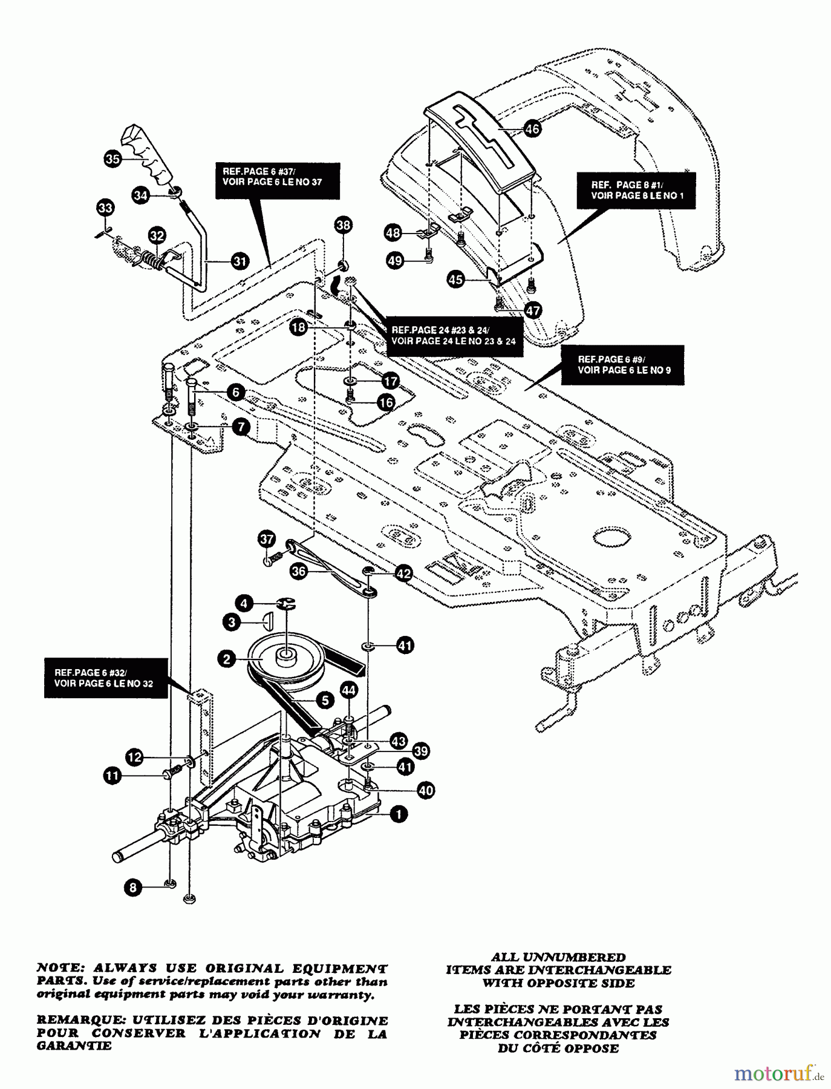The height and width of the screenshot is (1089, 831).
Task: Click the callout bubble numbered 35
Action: pyautogui.click(x=112, y=159)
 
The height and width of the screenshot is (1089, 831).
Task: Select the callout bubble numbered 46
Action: pyautogui.click(x=532, y=129)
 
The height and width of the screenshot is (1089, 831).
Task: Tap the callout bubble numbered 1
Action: pyautogui.click(x=399, y=815)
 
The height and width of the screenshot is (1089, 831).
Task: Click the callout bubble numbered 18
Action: pyautogui.click(x=298, y=328)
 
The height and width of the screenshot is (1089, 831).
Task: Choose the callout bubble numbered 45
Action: pyautogui.click(x=456, y=280)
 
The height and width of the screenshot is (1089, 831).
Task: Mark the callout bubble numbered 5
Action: pyautogui.click(x=325, y=701)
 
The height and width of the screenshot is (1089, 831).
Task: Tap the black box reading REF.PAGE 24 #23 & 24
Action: pyautogui.click(x=453, y=336)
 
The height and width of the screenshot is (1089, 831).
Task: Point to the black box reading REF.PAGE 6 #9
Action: pyautogui.click(x=623, y=365)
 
